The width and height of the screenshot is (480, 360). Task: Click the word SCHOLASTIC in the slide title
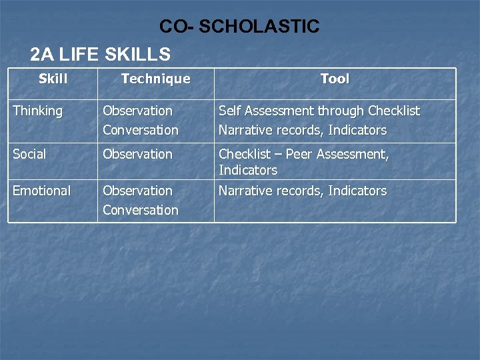pos(259,27)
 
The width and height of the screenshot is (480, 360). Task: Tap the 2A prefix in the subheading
pos(41,54)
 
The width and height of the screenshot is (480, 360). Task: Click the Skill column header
pos(53,79)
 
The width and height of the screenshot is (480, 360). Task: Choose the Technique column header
pos(155,79)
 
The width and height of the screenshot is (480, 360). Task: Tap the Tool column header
pos(335,79)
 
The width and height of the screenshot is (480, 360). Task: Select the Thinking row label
pos(37,111)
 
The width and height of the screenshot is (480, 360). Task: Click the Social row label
pos(29,154)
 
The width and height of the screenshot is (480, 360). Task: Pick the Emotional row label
pos(41,191)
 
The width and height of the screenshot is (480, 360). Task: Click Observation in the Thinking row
pos(137,111)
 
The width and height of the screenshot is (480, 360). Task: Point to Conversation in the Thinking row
pos(141,130)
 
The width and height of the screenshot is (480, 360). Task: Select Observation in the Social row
pos(137,154)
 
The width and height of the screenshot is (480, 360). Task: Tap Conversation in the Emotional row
pos(141,210)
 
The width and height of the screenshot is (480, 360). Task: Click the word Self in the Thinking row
pos(229,111)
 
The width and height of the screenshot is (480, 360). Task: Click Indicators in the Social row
pos(248,170)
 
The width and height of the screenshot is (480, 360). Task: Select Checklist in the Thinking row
pos(394,111)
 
